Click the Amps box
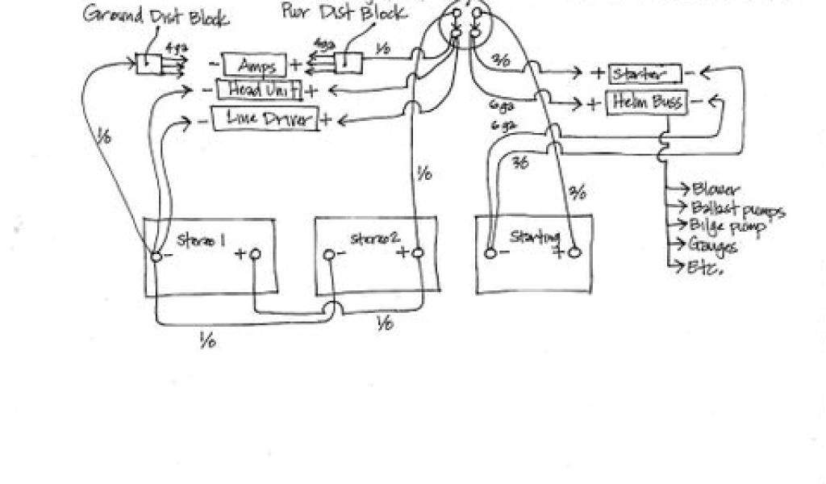tap(253, 65)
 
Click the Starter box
tap(645, 74)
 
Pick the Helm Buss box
tap(647, 102)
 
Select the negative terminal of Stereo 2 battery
tap(329, 255)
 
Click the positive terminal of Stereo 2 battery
tap(418, 253)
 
